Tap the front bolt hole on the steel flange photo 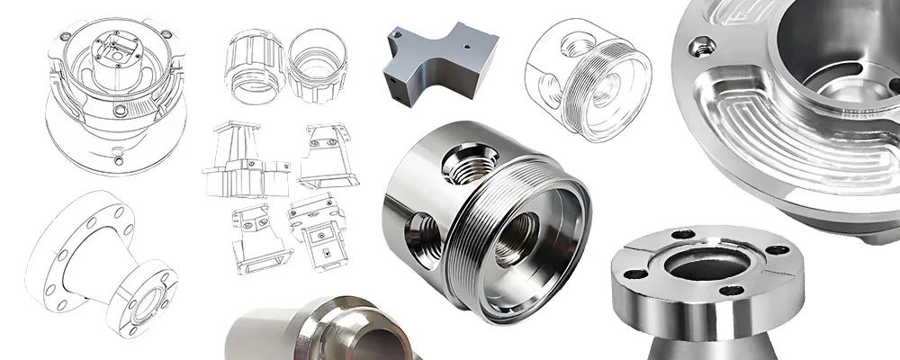[x=733, y=290]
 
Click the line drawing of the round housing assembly [x=113, y=90]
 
